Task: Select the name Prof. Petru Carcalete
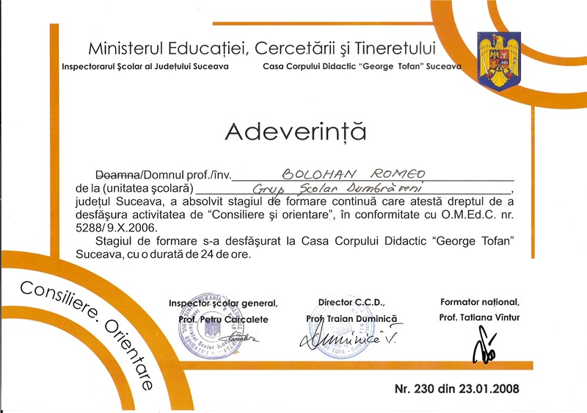pyautogui.click(x=223, y=319)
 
